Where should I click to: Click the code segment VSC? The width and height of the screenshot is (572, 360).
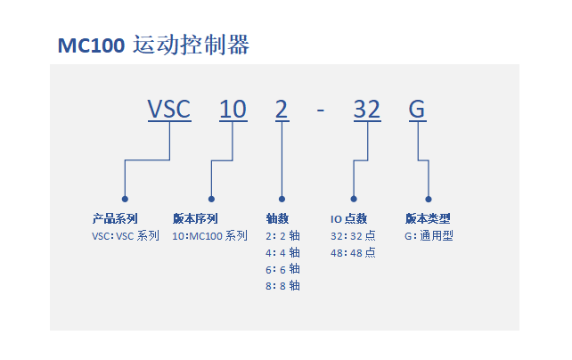(x=169, y=110)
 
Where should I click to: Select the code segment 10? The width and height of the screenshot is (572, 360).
(x=233, y=110)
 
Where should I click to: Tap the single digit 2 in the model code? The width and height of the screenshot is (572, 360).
(x=282, y=110)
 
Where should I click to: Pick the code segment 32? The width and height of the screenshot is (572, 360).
(x=367, y=110)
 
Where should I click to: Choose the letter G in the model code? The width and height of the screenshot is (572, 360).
(x=417, y=110)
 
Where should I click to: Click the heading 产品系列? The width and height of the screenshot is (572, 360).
(x=115, y=218)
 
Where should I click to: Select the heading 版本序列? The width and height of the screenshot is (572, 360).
(x=195, y=218)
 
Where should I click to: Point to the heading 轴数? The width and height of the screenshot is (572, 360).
(x=277, y=218)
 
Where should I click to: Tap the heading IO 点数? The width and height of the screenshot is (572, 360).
(x=348, y=218)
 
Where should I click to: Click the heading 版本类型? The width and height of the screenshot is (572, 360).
(x=428, y=218)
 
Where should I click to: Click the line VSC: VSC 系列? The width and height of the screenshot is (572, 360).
(x=126, y=236)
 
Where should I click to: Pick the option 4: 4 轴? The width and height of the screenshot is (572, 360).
(x=282, y=253)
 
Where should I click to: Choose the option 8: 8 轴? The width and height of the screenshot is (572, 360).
(x=282, y=286)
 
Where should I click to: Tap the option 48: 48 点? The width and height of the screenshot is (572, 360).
(x=353, y=253)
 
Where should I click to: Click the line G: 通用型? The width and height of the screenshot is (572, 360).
(x=429, y=236)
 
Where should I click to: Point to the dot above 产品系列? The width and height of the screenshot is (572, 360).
(x=125, y=199)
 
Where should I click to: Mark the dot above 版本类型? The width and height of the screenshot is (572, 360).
(x=429, y=199)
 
